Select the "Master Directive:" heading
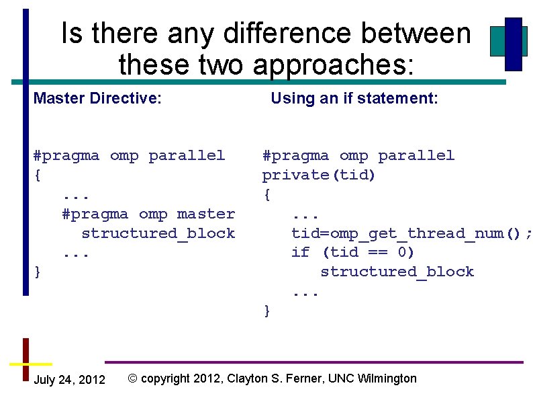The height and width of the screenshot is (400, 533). (x=97, y=99)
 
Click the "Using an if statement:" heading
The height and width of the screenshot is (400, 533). (x=354, y=99)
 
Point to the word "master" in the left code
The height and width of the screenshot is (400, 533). (x=206, y=214)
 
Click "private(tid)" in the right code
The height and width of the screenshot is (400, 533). (x=319, y=175)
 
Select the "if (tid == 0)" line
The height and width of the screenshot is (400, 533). (x=352, y=252)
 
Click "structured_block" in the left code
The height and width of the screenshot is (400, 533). (x=158, y=233)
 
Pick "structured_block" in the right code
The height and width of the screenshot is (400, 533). (x=397, y=272)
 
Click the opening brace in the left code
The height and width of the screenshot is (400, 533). (x=38, y=175)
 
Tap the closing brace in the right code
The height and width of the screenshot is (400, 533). (x=267, y=310)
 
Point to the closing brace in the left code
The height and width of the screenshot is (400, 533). (x=38, y=272)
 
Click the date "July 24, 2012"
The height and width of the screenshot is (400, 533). (x=69, y=380)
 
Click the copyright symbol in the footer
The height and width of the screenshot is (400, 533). (x=132, y=378)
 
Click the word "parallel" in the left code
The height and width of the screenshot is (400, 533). (x=187, y=155)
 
